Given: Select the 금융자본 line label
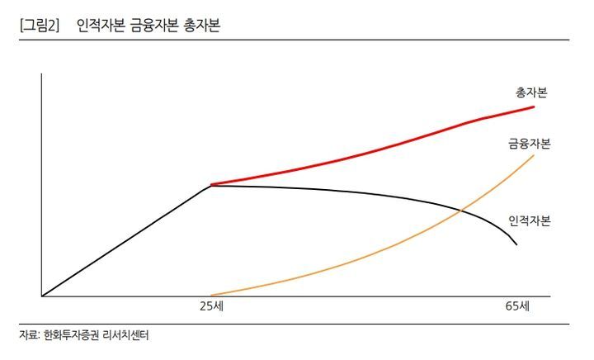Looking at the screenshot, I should pos(529,144).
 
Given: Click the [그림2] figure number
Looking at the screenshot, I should pos(39,26).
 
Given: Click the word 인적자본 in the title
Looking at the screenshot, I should pos(101,26).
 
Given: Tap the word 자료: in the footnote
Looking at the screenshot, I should pos(29,335).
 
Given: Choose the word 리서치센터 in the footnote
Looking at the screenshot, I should pos(130,335).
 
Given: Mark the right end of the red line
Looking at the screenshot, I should pos(534,107).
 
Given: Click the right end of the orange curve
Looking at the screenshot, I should pos(534,155).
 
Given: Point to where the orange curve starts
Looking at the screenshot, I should pos(212,295).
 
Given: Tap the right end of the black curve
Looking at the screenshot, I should pos(516,245).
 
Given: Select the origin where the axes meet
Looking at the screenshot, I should pos(41,296).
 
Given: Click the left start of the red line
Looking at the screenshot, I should pos(212,184).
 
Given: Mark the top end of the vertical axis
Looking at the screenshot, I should pos(41,73).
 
